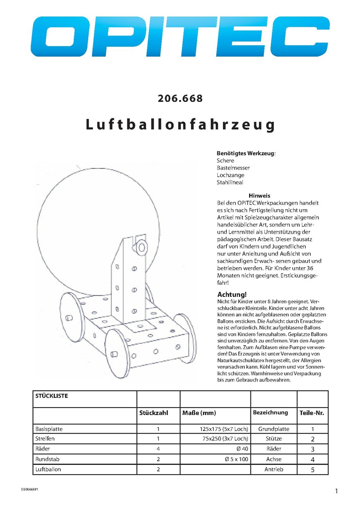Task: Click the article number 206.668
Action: (180, 99)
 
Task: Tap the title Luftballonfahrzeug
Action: (180, 125)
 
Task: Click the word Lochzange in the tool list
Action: (231, 175)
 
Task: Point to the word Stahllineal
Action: (230, 182)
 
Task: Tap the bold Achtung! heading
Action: (232, 294)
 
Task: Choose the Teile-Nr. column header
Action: (312, 413)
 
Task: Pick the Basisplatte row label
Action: (49, 429)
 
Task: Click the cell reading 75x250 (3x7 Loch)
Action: (224, 439)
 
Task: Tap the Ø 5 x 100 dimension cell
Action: (236, 459)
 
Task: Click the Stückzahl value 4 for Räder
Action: (158, 449)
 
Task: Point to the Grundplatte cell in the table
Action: (273, 429)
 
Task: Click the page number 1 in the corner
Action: (336, 491)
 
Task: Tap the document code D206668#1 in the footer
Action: (32, 489)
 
